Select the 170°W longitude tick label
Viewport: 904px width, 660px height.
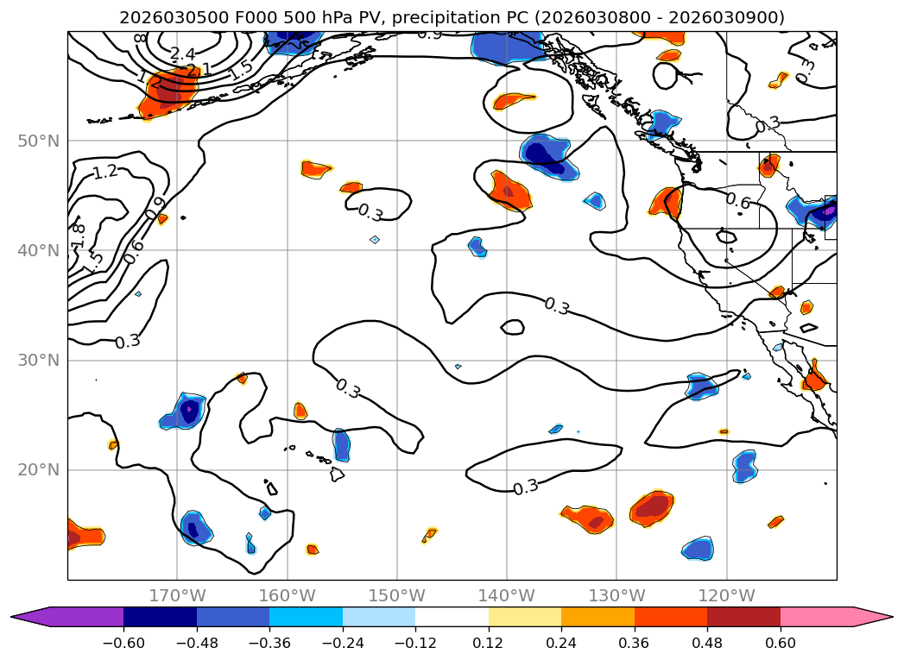point(177,595)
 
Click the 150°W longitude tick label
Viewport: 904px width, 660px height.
point(397,595)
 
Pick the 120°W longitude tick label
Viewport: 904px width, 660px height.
point(726,595)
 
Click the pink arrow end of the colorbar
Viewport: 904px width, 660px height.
point(873,617)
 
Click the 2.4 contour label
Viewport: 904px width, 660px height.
point(182,54)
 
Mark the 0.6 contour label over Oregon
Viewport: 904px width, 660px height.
point(737,201)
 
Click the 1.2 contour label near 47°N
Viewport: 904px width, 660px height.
point(105,173)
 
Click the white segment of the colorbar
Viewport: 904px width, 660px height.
point(452,617)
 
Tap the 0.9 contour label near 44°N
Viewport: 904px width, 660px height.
point(155,208)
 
